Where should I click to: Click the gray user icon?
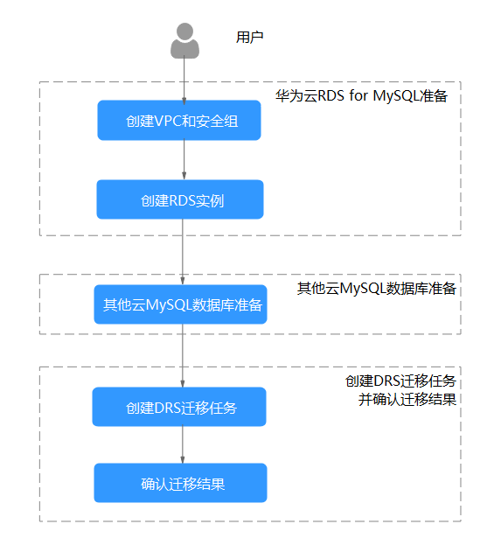(x=184, y=40)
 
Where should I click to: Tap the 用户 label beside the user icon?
(x=249, y=38)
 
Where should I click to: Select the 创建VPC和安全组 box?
(x=179, y=121)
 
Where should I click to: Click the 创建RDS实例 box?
(x=180, y=199)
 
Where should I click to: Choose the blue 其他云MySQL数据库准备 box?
(x=180, y=304)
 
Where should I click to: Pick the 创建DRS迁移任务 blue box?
(x=179, y=407)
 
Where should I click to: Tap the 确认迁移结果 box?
(x=180, y=483)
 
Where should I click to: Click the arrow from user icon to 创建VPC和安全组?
(x=184, y=80)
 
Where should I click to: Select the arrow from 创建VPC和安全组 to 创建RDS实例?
(x=184, y=159)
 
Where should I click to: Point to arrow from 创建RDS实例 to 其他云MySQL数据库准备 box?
(x=183, y=251)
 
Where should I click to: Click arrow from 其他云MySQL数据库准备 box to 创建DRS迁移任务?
(x=183, y=355)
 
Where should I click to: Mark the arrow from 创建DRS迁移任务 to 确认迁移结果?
(x=183, y=444)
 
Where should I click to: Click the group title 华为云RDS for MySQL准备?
(x=361, y=95)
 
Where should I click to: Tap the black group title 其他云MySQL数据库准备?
(x=377, y=289)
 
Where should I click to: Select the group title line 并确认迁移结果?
(x=407, y=400)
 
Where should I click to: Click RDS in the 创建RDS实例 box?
(x=182, y=200)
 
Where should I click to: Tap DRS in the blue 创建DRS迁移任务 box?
(x=168, y=408)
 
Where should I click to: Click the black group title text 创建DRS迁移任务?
(x=400, y=381)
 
